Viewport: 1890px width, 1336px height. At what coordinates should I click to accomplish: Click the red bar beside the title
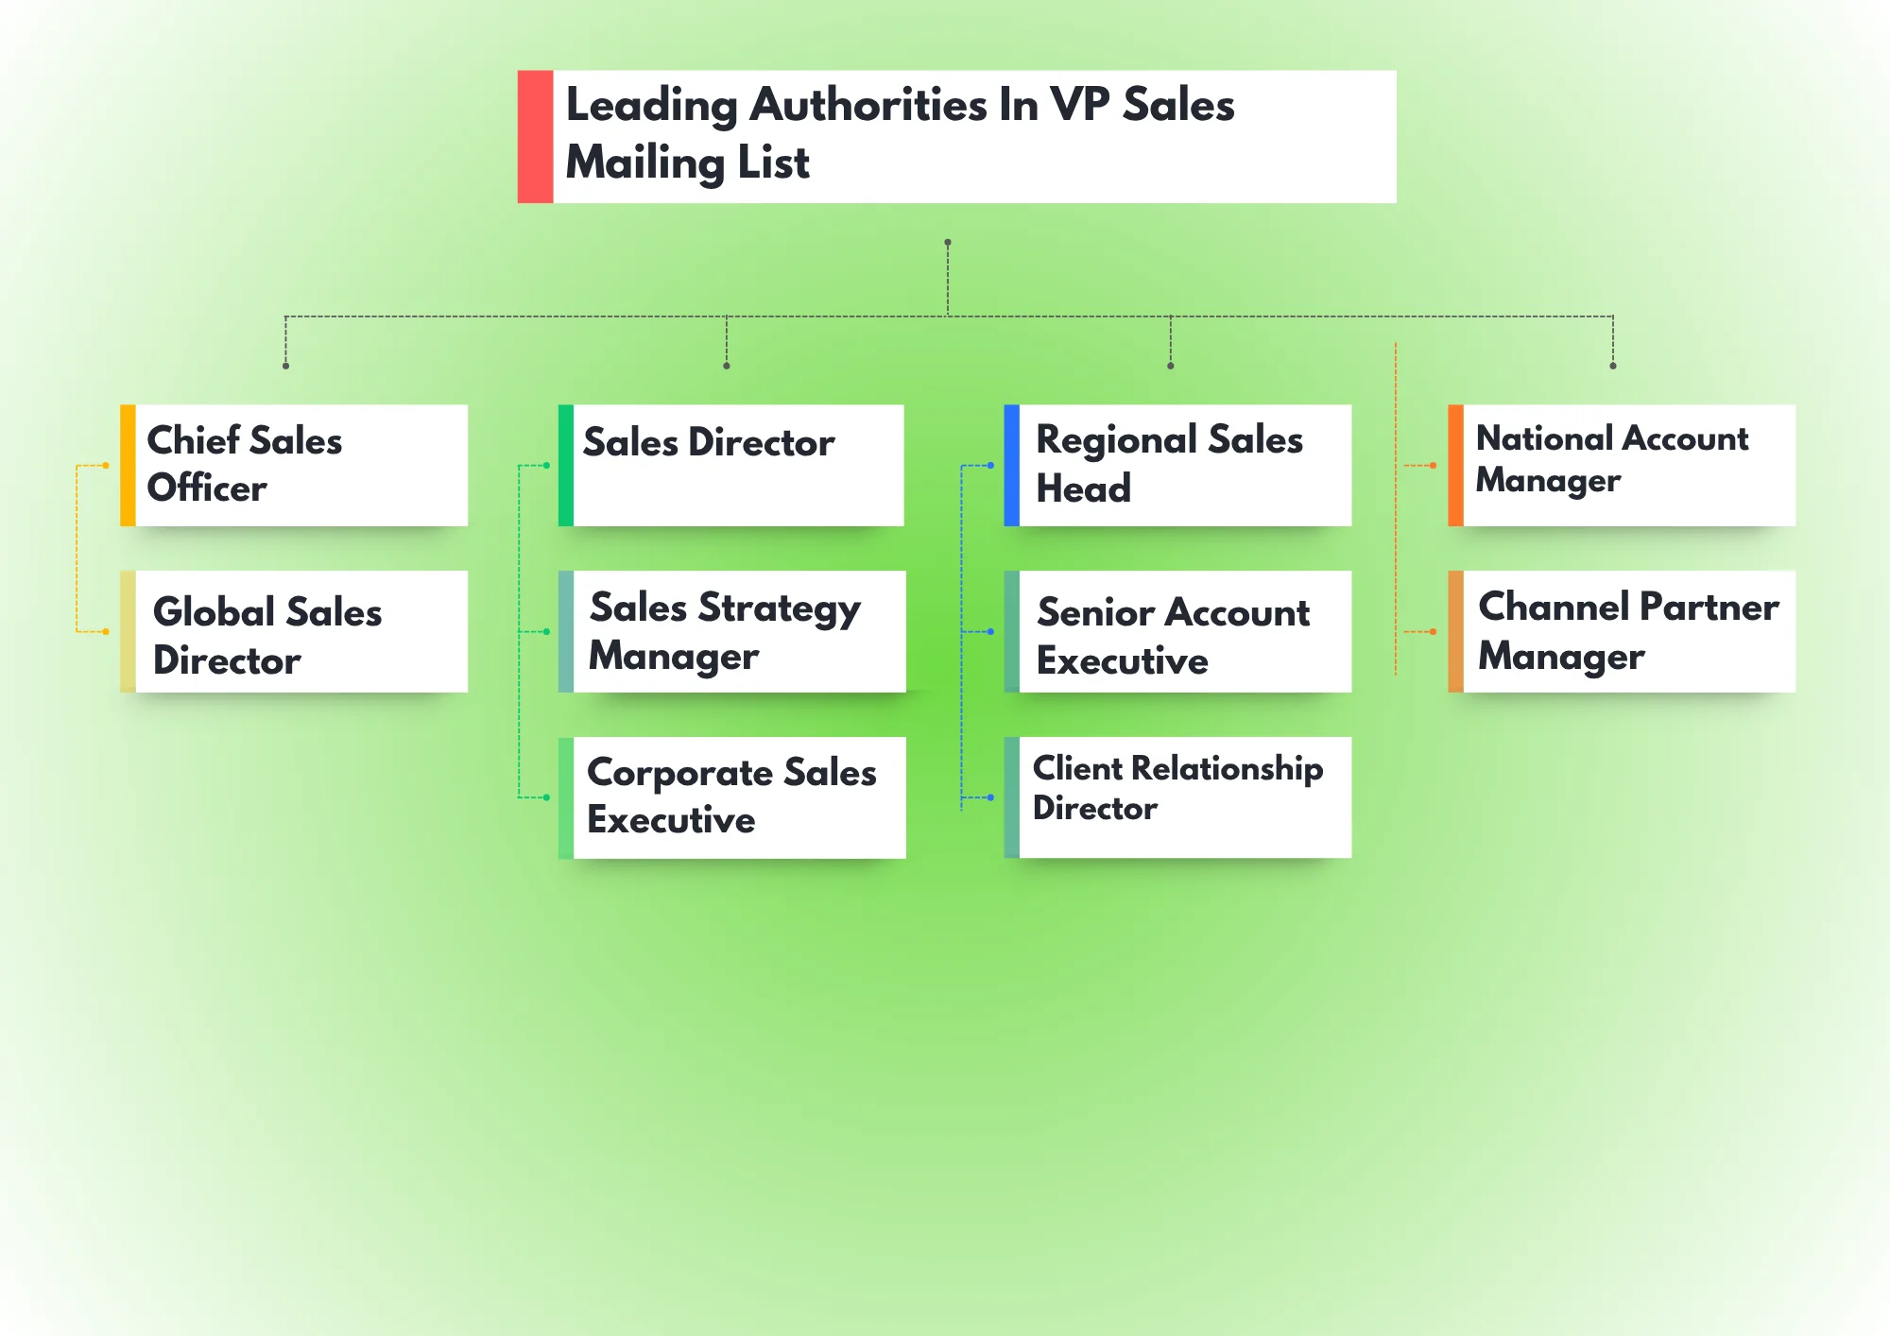(535, 136)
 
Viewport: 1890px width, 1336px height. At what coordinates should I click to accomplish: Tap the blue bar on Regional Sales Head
(1011, 465)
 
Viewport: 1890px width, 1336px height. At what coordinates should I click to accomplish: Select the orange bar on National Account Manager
(1455, 465)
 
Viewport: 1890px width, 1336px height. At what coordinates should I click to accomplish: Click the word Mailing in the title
(644, 163)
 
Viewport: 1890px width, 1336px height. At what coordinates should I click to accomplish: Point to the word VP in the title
(1079, 104)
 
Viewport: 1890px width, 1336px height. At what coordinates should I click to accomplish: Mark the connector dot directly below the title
(948, 243)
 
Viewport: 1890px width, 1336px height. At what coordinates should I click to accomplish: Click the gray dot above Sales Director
(727, 366)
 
